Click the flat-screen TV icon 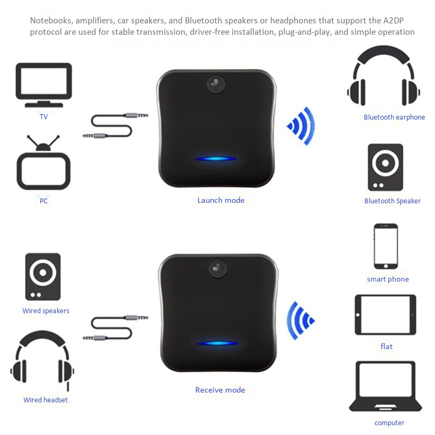coord(43,84)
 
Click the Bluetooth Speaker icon coord(385,167)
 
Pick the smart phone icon coord(386,246)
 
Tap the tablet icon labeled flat coord(386,315)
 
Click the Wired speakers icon coord(43,276)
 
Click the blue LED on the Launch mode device coord(216,159)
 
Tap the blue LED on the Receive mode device coord(217,344)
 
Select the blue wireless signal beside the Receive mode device coord(301,320)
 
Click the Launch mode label coord(221,200)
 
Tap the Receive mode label coord(220,390)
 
